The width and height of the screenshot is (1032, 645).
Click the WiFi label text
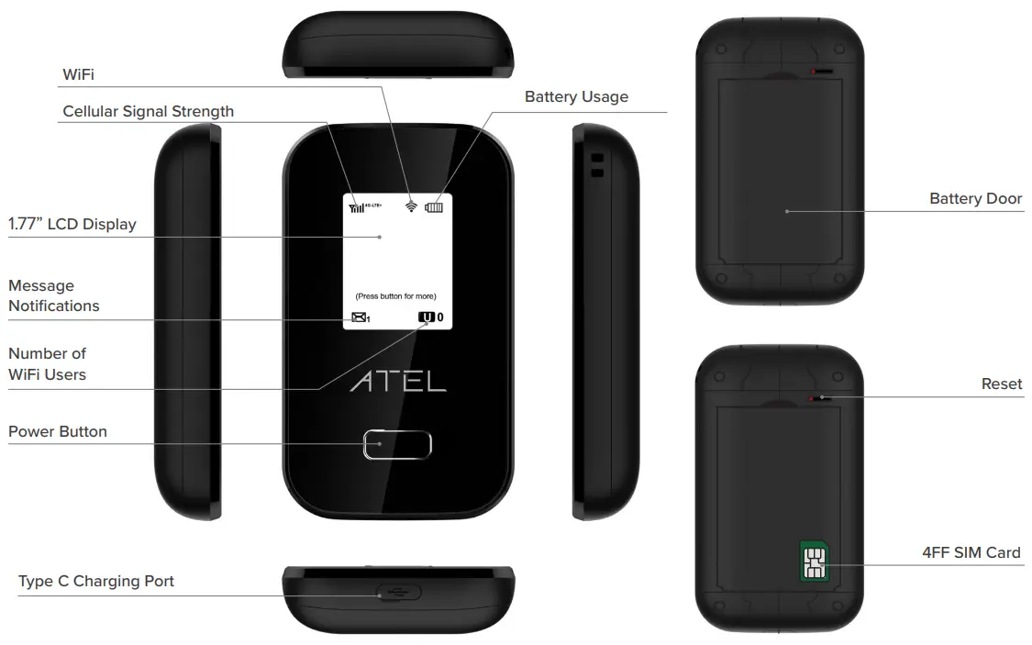(x=78, y=73)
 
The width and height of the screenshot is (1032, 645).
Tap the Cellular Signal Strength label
(x=148, y=111)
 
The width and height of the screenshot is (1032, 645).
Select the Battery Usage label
(x=576, y=96)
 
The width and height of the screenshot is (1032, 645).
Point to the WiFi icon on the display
(x=412, y=206)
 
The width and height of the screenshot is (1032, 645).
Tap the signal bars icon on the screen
(x=356, y=207)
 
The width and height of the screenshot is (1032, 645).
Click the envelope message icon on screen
(x=359, y=317)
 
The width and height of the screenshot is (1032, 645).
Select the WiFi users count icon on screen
(x=427, y=317)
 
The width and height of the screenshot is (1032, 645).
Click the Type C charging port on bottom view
(x=397, y=593)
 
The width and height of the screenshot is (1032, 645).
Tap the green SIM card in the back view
(x=812, y=560)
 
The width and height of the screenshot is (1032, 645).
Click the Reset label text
(x=1001, y=384)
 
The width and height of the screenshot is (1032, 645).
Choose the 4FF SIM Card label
(x=971, y=551)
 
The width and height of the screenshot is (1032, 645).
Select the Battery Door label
(x=975, y=198)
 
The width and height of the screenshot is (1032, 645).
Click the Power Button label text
(x=57, y=431)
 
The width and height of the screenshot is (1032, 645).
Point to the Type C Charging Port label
(x=95, y=581)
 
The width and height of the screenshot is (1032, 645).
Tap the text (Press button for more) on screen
(x=395, y=296)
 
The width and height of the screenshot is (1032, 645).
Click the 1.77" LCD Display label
(x=72, y=224)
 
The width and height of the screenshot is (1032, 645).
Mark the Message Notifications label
(x=53, y=295)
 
